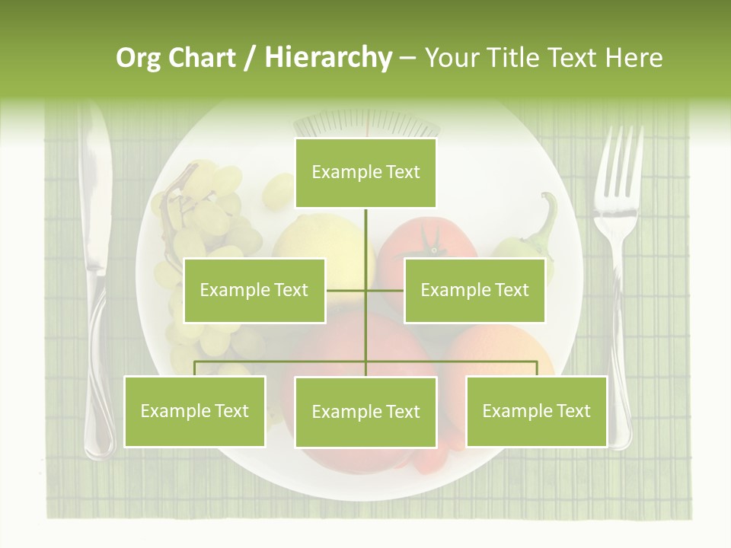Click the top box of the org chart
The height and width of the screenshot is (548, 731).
coord(365,173)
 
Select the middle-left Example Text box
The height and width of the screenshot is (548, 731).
coord(254,290)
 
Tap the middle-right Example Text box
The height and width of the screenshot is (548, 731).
coord(474,290)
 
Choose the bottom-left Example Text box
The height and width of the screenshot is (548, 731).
coord(195,411)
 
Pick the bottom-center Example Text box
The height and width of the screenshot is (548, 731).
coord(365,412)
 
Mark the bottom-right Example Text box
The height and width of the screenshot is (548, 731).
coord(536,411)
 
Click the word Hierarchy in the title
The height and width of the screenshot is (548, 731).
coord(327,58)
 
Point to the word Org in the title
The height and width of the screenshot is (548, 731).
coord(139,58)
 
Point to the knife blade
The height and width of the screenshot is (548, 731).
coord(96,190)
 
